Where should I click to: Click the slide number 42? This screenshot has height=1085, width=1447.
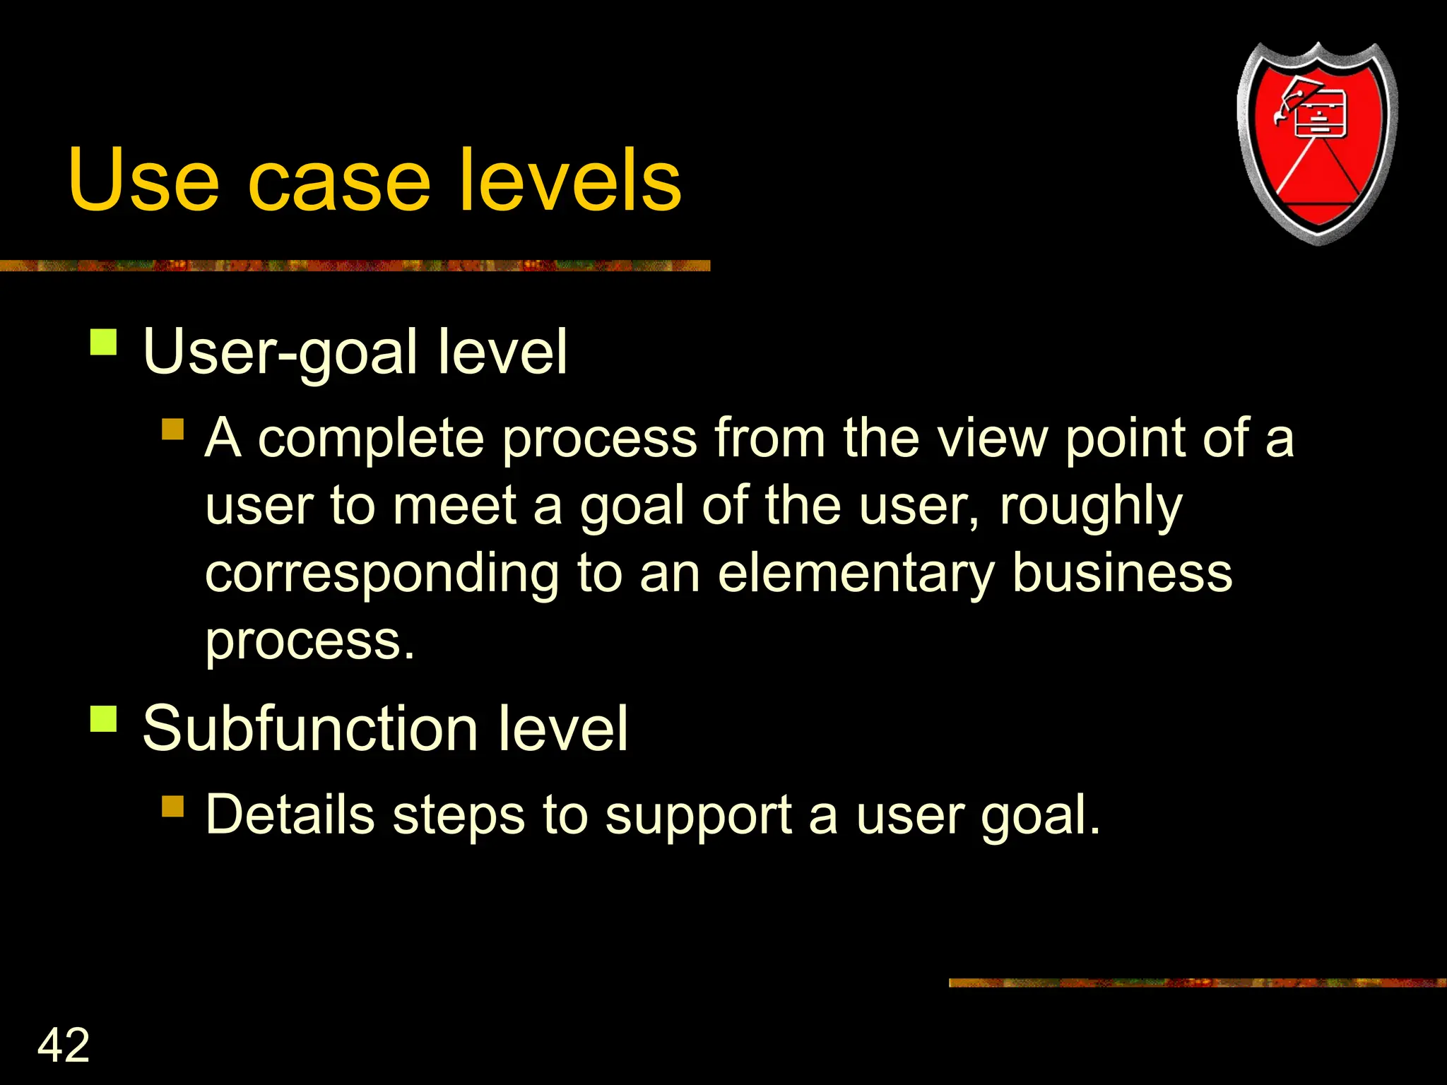click(64, 1045)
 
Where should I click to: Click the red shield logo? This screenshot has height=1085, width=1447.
click(1317, 141)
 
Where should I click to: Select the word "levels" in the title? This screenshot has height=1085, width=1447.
click(569, 180)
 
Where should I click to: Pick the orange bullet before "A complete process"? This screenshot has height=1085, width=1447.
click(172, 429)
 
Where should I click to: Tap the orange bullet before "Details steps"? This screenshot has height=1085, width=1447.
click(172, 806)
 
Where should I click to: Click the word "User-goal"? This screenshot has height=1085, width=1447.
click(280, 352)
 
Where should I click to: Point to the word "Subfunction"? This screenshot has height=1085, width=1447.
click(310, 729)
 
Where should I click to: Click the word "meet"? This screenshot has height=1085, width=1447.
click(454, 506)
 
